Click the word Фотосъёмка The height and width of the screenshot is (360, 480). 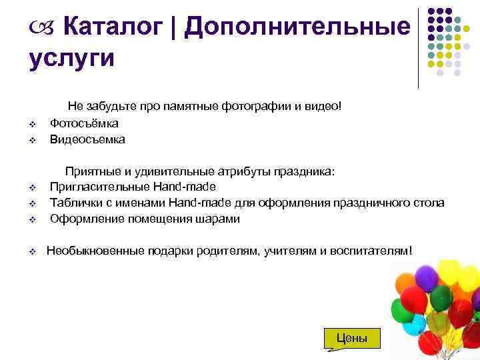84,123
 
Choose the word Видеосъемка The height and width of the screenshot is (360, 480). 87,140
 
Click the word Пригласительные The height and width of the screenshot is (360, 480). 99,187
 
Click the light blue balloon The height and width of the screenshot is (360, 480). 414,325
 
